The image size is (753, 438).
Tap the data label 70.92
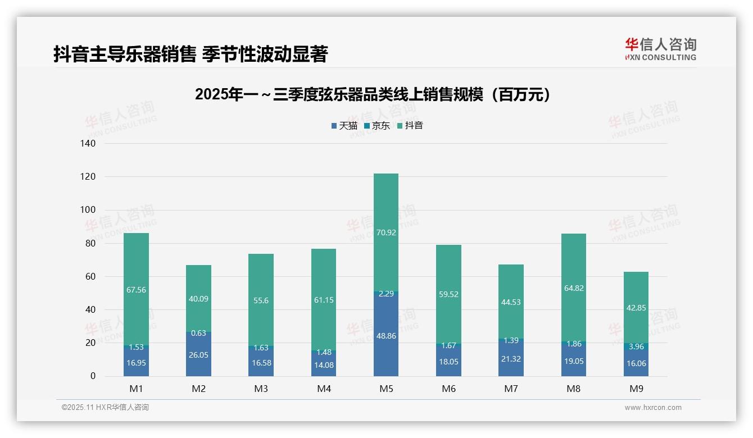(385, 232)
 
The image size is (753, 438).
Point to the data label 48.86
(385, 336)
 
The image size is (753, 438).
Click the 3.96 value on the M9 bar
(636, 346)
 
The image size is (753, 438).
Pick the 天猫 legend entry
(344, 126)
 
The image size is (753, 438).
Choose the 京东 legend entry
(377, 126)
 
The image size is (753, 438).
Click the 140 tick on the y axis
(88, 144)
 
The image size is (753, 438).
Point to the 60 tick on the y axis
(90, 277)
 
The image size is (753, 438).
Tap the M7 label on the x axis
(511, 389)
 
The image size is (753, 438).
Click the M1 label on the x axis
(136, 389)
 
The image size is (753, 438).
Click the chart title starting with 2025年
(373, 95)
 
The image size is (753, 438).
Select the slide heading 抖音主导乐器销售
(190, 54)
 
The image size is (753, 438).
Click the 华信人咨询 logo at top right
(660, 49)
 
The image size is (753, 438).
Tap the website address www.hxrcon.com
(652, 408)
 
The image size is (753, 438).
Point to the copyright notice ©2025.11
(105, 408)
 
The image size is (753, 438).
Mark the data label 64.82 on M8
(573, 288)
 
